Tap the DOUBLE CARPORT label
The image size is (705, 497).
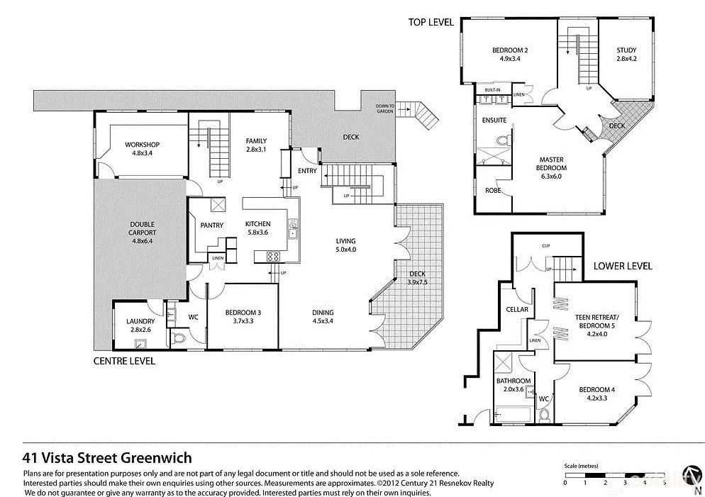143,233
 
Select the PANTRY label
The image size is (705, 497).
211,225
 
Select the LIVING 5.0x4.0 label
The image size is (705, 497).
346,245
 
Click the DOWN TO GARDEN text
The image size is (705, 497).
385,108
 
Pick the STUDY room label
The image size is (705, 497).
626,54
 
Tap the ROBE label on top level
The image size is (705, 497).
493,191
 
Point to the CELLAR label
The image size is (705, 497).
517,309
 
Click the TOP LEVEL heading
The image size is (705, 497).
431,22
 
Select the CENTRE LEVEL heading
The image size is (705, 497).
124,361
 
